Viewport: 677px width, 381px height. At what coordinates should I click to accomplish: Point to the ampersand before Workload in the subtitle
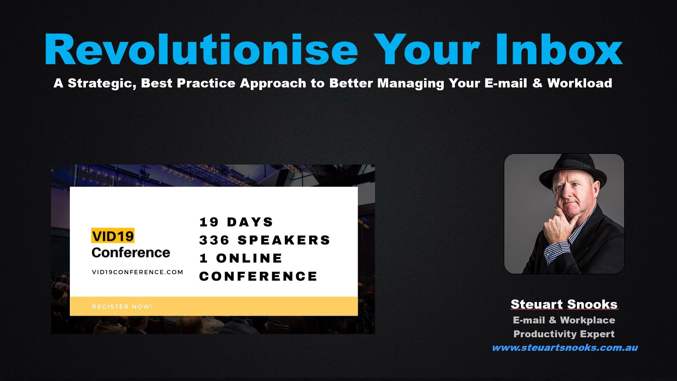pos(537,83)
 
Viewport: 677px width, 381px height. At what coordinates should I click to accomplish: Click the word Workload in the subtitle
pos(579,83)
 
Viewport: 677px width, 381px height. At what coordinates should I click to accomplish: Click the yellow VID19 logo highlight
pos(113,236)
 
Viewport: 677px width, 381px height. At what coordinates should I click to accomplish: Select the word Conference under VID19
pos(131,253)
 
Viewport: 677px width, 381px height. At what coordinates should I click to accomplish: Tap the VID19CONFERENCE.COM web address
pos(137,272)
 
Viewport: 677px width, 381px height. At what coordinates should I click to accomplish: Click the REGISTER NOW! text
pos(122,306)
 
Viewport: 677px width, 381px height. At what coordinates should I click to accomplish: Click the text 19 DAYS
pos(236,222)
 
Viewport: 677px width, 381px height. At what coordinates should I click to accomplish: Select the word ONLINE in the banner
pos(249,258)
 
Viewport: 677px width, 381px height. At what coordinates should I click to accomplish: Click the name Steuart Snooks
pos(564,304)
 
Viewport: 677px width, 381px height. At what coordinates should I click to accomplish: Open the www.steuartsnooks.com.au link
pos(565,348)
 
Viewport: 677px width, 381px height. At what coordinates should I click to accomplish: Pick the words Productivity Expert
pos(564,334)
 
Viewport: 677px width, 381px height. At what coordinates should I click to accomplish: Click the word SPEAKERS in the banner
pos(284,240)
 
